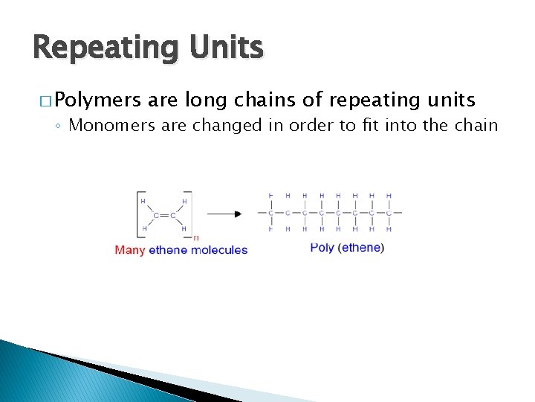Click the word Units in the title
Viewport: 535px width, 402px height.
click(x=221, y=48)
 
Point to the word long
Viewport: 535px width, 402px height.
click(x=204, y=99)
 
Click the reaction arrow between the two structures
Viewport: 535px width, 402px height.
click(x=224, y=214)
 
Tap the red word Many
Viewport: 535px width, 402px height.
click(x=130, y=250)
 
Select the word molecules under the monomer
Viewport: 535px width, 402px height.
click(x=218, y=250)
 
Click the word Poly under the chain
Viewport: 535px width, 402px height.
click(x=322, y=248)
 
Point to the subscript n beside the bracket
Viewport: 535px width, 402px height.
click(x=195, y=238)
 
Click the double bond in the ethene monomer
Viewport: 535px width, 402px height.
click(x=165, y=215)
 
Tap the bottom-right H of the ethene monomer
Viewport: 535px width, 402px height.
click(x=184, y=229)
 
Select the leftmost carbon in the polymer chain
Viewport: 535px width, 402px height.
click(x=271, y=213)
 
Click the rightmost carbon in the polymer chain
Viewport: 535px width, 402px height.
click(x=389, y=213)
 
